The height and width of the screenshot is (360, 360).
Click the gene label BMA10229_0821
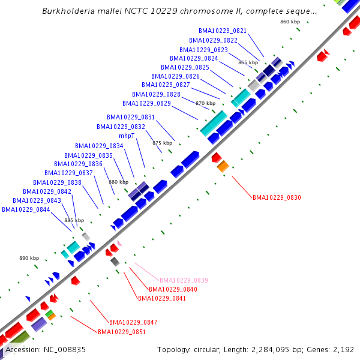(223, 31)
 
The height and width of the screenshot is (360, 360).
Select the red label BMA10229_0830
(277, 197)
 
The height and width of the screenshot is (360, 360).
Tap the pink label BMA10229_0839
(184, 280)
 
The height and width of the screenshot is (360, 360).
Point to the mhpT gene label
(127, 136)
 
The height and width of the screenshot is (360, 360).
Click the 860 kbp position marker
(290, 22)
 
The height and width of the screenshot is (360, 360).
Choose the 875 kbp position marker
(162, 143)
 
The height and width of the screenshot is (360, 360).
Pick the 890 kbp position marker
(29, 258)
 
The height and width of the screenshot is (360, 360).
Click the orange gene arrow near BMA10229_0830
(223, 166)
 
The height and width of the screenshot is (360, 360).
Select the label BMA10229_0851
(122, 332)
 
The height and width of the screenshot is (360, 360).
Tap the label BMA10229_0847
(133, 322)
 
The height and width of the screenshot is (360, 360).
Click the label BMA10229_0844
(26, 210)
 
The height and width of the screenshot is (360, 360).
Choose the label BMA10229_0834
(99, 146)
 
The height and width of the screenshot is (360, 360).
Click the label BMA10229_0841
(161, 298)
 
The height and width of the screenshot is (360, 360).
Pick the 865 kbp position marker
(248, 62)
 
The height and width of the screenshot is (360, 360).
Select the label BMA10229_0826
(175, 76)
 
